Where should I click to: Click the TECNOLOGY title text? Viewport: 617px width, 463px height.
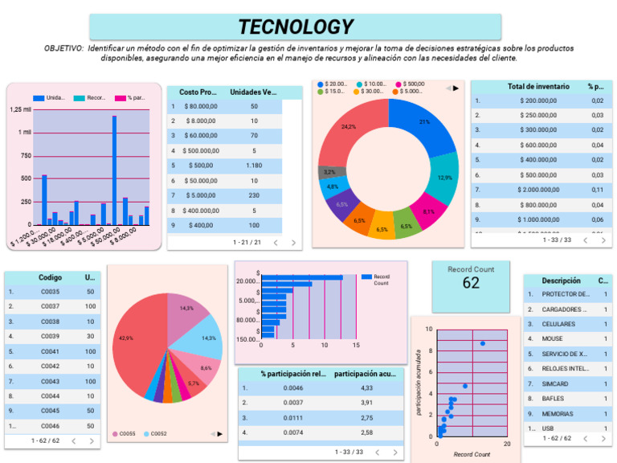click(295, 27)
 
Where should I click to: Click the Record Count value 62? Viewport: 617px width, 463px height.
click(471, 283)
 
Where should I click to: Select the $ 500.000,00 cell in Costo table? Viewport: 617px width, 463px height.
click(201, 150)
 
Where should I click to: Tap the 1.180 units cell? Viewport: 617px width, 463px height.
click(254, 166)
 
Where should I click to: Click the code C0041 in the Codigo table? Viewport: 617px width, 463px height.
click(51, 352)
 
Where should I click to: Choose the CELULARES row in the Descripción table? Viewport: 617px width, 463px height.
click(562, 324)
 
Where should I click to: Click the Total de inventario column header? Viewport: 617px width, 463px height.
click(538, 86)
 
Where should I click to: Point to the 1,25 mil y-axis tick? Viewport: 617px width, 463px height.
click(21, 109)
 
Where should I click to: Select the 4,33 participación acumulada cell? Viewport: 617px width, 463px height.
click(367, 388)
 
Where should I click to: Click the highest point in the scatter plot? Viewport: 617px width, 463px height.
click(482, 343)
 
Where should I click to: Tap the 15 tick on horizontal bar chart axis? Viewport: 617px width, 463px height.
click(355, 346)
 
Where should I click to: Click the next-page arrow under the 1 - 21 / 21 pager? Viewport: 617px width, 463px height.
click(293, 242)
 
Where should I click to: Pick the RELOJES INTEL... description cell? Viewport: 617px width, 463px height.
click(562, 369)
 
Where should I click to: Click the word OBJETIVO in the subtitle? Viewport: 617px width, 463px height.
click(63, 48)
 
